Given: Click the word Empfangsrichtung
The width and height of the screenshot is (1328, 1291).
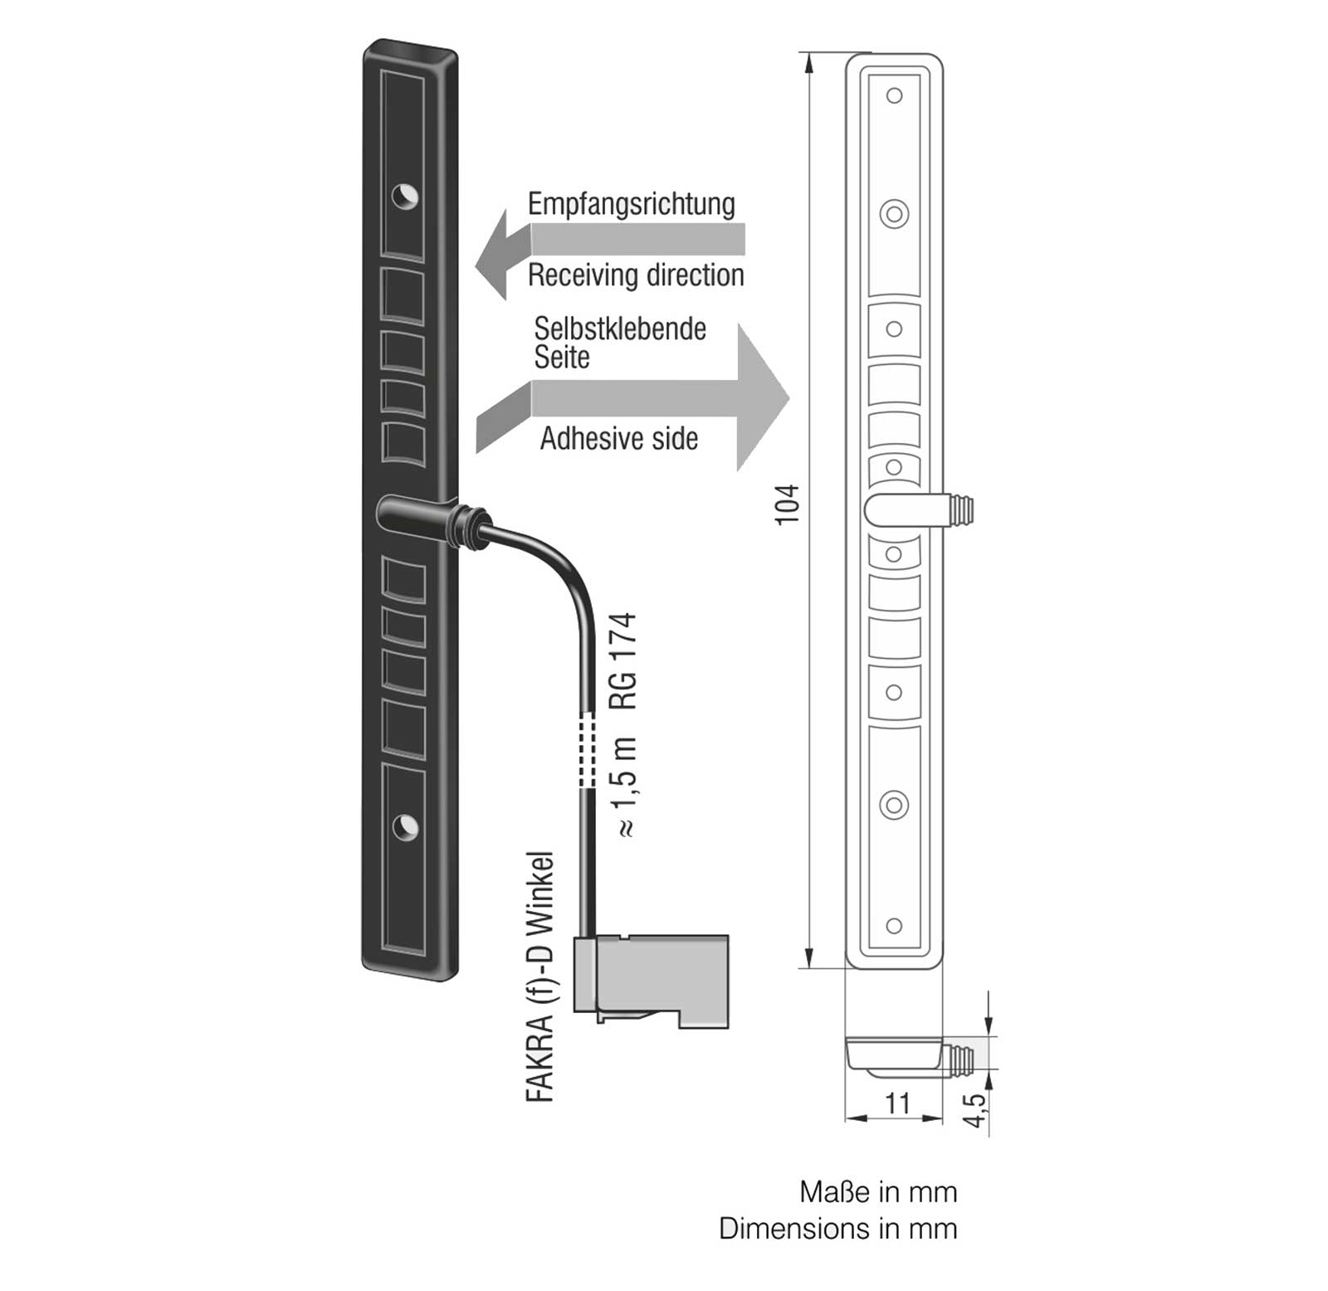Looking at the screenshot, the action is (632, 205).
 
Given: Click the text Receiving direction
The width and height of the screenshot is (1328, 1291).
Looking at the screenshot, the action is (636, 275).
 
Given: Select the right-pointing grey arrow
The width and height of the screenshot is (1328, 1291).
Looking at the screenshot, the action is (632, 398).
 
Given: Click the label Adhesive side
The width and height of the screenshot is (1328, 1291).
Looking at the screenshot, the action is (619, 439).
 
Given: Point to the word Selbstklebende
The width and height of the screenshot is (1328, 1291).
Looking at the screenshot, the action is (620, 329).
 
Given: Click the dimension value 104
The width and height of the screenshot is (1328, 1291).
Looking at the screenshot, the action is (786, 504).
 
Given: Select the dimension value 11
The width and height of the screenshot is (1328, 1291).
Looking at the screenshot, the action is (898, 1103).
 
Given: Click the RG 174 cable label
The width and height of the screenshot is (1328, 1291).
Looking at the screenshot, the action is (623, 661).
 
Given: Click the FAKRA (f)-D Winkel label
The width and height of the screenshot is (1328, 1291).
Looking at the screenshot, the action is (540, 977).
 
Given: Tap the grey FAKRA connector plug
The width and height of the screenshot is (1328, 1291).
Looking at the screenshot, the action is (652, 981).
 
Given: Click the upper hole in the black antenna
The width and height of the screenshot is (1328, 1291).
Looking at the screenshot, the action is (405, 197).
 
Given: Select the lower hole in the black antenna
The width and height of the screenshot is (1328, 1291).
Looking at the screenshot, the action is (405, 827).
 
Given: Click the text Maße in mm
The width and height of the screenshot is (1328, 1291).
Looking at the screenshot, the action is (878, 1192).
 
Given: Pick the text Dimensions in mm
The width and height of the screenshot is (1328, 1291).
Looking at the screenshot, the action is (838, 1229).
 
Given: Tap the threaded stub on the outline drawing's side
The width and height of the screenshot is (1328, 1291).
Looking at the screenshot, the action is (959, 509).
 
